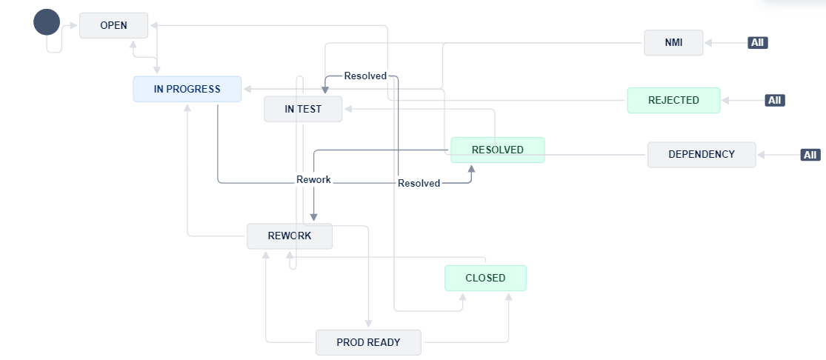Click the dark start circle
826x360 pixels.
[x=46, y=22]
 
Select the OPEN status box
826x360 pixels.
[x=113, y=25]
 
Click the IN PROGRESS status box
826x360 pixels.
[x=187, y=89]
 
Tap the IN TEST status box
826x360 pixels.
[x=303, y=109]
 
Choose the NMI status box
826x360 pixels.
[x=673, y=43]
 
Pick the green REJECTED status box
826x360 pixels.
[x=673, y=100]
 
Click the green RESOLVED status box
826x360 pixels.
[x=497, y=150]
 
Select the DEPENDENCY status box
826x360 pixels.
[x=701, y=154]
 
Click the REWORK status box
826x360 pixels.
[x=289, y=236]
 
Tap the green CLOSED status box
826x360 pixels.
[x=484, y=278]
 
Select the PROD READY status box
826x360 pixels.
[x=367, y=342]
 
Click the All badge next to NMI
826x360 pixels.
[x=757, y=43]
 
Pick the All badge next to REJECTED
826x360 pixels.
[x=774, y=100]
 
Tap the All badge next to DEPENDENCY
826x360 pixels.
[x=810, y=155]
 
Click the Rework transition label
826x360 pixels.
[x=313, y=180]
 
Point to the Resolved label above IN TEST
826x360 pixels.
[x=365, y=76]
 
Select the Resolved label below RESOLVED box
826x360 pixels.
[x=419, y=183]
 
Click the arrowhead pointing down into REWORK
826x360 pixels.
[x=314, y=217]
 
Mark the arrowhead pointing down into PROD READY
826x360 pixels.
[x=368, y=324]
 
